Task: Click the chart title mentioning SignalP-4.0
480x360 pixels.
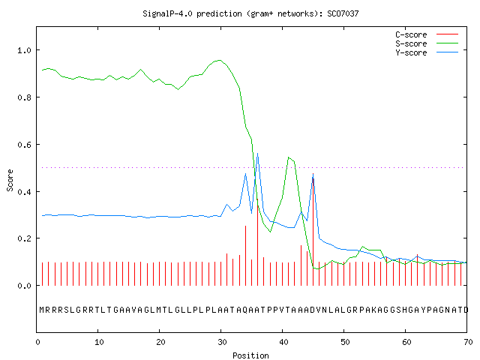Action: click(250, 13)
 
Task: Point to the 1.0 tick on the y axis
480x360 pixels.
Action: click(25, 50)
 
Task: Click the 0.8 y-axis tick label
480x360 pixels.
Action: click(25, 97)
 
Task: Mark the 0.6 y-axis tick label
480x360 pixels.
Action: click(25, 145)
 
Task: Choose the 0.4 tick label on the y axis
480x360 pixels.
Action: click(25, 192)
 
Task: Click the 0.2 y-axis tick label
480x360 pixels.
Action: click(25, 238)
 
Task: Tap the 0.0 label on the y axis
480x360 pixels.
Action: click(25, 286)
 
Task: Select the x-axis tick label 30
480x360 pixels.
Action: click(222, 342)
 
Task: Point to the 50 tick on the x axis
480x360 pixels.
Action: click(345, 342)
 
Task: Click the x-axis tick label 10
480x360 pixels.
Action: click(99, 342)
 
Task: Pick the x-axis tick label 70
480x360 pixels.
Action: click(468, 342)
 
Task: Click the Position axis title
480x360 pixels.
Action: click(250, 355)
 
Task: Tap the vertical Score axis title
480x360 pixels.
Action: click(10, 180)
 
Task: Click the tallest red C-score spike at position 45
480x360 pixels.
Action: click(313, 229)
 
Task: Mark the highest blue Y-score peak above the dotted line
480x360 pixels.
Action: click(257, 154)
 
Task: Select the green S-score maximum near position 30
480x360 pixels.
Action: click(220, 60)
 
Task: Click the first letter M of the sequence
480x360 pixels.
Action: click(42, 310)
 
